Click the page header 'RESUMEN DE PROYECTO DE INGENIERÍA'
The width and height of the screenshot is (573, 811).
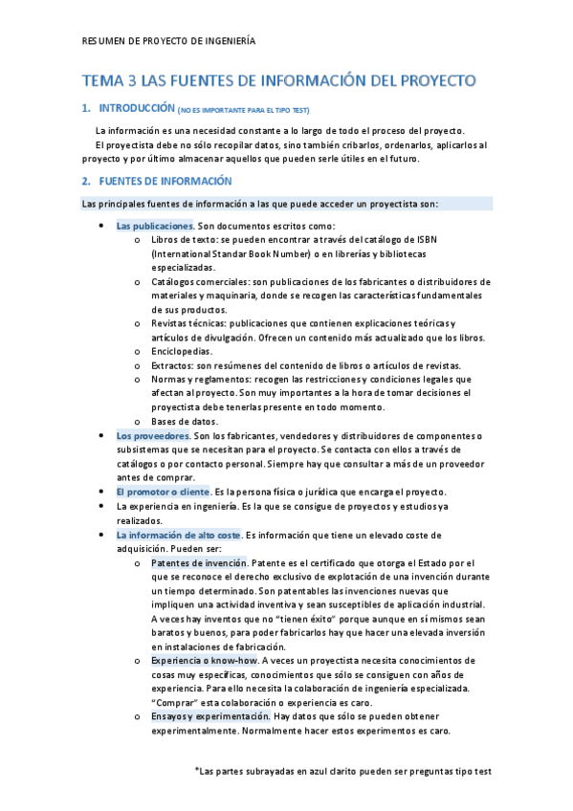169,41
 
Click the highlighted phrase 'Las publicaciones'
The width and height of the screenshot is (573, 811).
154,226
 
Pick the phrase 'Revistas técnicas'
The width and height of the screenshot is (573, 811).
188,323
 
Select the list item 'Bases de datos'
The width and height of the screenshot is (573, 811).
185,421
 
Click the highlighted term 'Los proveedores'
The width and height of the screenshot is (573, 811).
153,436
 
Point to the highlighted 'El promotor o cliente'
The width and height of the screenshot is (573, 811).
162,492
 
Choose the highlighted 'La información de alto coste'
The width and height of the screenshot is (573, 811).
179,535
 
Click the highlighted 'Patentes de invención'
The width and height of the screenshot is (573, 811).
198,562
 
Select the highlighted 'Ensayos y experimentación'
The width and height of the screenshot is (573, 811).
209,715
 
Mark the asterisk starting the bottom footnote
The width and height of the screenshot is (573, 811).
197,768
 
